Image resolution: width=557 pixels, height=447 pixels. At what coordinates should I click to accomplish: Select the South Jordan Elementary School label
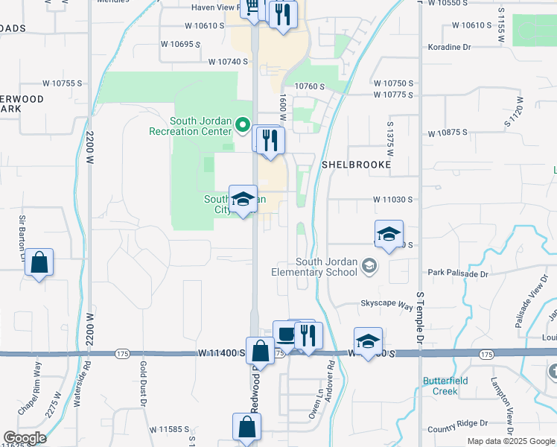point(327,267)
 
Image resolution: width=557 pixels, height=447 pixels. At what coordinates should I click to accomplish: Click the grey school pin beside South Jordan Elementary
point(367,266)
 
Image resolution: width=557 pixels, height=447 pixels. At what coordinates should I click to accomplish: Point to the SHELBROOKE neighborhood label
point(355,163)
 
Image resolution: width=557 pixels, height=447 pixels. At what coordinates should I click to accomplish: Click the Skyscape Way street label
point(386,305)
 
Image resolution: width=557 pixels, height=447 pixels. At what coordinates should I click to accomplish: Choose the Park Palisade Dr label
point(458,274)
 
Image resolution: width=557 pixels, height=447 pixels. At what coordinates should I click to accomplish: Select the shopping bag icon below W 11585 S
point(246,428)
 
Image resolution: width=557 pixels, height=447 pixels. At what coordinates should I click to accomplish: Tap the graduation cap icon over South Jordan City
point(243,199)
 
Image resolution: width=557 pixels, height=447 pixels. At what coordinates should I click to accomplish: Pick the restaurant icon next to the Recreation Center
point(270,140)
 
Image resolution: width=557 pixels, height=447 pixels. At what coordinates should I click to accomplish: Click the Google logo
point(24,438)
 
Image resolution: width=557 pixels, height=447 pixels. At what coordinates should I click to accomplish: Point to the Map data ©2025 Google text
point(510,441)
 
